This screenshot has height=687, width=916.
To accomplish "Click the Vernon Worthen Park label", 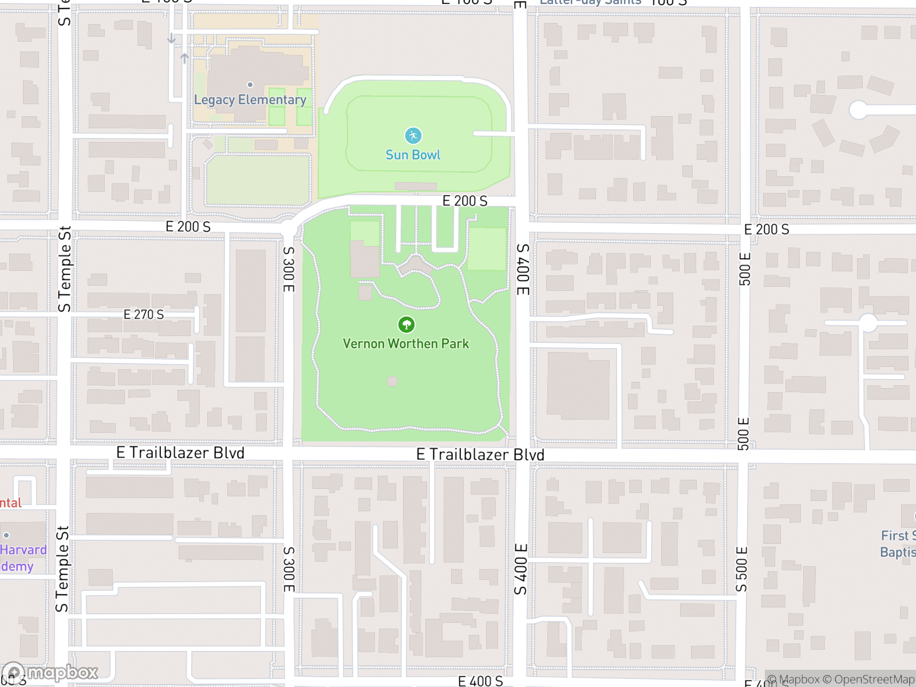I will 405,343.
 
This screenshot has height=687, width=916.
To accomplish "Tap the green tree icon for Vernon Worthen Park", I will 406,325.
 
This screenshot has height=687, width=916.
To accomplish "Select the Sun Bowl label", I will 413,155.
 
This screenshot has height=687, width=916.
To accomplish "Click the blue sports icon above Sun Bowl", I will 413,136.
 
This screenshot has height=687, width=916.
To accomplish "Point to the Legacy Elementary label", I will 250,100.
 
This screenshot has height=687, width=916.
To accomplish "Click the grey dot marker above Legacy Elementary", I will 250,85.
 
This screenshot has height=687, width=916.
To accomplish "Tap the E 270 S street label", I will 144,314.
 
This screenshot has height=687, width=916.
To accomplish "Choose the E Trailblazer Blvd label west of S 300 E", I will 180,453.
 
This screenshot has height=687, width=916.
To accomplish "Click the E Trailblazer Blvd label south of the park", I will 480,455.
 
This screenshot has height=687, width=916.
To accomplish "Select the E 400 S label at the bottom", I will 480,681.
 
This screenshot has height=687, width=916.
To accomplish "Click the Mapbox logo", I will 50,673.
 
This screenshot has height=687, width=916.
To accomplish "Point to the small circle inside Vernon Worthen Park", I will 392,381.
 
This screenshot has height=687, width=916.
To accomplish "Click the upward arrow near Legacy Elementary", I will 184,58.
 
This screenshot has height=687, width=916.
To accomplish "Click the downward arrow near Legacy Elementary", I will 171,38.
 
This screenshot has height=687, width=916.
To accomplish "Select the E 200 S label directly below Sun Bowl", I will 465,201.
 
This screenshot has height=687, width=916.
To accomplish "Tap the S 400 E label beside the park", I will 523,269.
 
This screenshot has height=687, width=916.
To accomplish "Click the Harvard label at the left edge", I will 23,550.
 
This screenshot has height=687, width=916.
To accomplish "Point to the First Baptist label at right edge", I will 898,544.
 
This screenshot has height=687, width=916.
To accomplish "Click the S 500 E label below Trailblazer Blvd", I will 741,569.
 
